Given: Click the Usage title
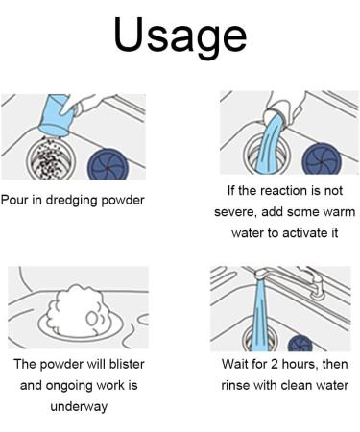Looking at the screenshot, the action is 180,36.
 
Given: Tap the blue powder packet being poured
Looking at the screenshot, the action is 56,114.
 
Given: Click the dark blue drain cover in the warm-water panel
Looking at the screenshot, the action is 322,158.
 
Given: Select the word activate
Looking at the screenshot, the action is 301,232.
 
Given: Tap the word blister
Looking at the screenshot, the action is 127,364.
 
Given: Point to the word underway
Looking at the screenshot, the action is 79,407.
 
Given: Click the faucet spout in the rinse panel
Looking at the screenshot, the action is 261,275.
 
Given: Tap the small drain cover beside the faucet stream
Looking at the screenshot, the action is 300,343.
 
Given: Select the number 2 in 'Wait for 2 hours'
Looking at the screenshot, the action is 275,364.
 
